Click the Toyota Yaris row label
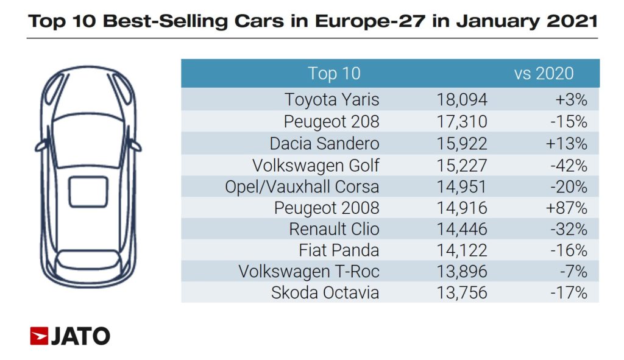coord(332,99)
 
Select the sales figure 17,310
coord(462,121)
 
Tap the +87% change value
coord(567,208)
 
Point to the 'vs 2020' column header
coord(544,74)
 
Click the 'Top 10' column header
coord(334,74)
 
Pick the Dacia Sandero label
coord(324,143)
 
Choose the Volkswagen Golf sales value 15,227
coord(462,164)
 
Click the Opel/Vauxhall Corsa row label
coord(302,186)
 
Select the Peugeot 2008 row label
coord(327,208)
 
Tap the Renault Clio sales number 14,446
coord(462,229)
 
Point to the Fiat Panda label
coord(339,250)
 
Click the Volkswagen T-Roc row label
coord(309,272)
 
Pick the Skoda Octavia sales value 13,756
coord(462,293)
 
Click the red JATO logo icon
coord(39,336)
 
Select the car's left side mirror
coord(40,146)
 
